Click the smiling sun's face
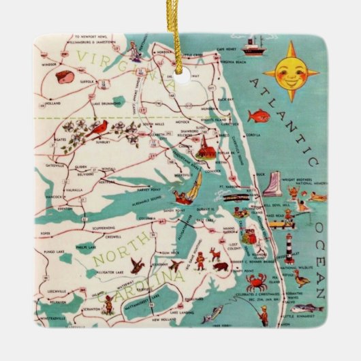tap(290, 74)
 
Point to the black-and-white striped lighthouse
tap(289, 247)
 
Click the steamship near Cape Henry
tap(253, 47)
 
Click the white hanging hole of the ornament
tap(181, 76)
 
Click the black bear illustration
tap(219, 266)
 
